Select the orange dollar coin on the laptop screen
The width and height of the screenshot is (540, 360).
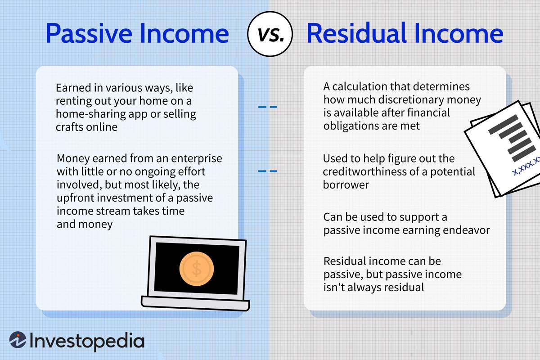(196, 269)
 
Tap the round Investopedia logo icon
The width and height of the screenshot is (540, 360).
(18, 341)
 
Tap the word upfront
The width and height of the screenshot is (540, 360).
(75, 198)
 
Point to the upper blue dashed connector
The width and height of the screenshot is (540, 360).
(267, 107)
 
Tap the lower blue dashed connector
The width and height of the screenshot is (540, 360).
(267, 171)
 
